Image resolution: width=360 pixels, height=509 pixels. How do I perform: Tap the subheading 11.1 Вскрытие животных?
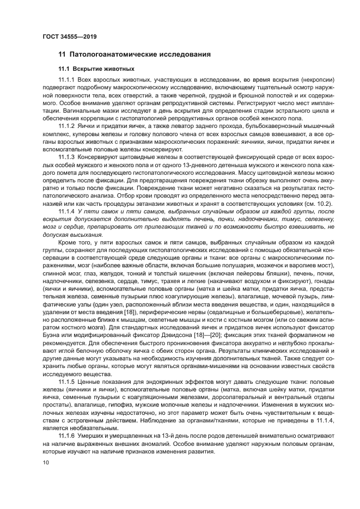click(x=96, y=69)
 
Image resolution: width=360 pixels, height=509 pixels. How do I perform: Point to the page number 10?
click(x=46, y=463)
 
